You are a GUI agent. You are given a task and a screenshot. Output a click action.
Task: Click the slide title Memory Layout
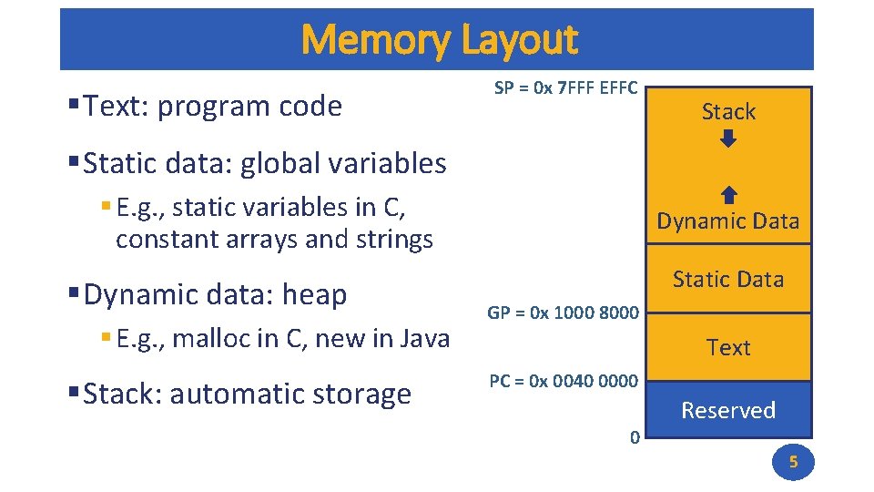(438, 40)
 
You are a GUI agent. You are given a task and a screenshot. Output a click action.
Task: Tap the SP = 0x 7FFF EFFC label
(565, 89)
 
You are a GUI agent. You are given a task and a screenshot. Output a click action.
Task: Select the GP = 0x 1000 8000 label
(563, 313)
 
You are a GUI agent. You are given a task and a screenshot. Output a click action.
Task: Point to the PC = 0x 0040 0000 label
(563, 381)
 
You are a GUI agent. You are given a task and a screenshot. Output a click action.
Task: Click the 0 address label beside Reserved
(635, 437)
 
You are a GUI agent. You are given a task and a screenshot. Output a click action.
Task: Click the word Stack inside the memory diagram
(728, 112)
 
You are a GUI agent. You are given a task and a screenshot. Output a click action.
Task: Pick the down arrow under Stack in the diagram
(728, 139)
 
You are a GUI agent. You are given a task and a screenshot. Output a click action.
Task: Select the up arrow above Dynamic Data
(728, 195)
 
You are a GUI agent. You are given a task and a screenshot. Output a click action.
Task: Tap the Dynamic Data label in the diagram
(728, 221)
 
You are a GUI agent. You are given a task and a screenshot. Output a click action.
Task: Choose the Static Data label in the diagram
(728, 280)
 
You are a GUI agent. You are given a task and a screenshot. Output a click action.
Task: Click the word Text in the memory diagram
(728, 348)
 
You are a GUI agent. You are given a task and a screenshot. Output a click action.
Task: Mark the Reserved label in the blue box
(728, 411)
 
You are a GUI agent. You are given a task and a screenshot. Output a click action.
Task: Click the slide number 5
(792, 462)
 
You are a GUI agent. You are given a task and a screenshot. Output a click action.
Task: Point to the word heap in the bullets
(315, 295)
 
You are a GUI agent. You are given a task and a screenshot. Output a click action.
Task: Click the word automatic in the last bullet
(235, 395)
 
